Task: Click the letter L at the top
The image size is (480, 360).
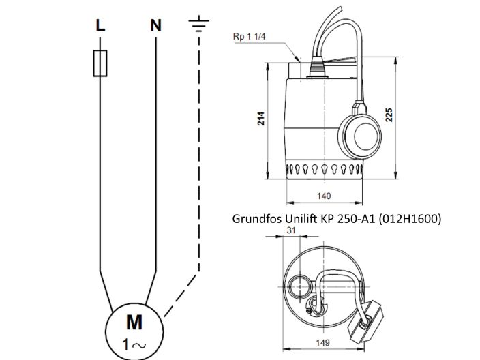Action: [x=100, y=27]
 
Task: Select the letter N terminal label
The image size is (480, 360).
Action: [x=156, y=27]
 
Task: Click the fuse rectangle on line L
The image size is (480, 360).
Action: [x=100, y=62]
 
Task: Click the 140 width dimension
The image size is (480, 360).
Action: [x=324, y=196]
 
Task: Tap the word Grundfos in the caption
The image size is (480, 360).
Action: [x=257, y=220]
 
